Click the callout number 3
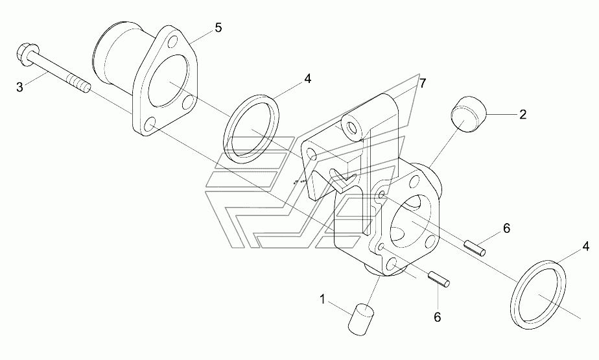(x=19, y=86)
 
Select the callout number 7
(x=422, y=83)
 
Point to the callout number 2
(x=522, y=115)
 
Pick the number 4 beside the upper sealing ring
(x=308, y=79)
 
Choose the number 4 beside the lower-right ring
(x=585, y=246)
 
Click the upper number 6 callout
(x=507, y=228)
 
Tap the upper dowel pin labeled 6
(x=475, y=247)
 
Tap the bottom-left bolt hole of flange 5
(x=150, y=123)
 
